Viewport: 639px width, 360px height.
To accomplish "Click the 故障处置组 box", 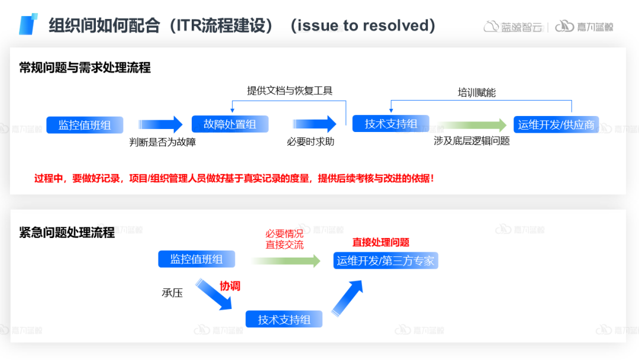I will pyautogui.click(x=230, y=124).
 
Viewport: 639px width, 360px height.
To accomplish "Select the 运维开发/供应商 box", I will pyautogui.click(x=556, y=124).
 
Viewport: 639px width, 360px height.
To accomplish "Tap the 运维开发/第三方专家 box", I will pyautogui.click(x=386, y=261).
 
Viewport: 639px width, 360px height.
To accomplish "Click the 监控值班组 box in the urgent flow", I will pyautogui.click(x=196, y=259).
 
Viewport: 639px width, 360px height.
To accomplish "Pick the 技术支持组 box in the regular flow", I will pyautogui.click(x=391, y=124).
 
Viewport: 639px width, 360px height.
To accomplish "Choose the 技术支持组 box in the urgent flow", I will pyautogui.click(x=284, y=319).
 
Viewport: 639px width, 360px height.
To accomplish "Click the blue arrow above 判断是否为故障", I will pyautogui.click(x=161, y=124).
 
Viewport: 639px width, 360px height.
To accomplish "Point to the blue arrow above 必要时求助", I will pyautogui.click(x=314, y=124).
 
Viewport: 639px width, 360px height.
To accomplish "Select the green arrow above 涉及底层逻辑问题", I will pyautogui.click(x=472, y=125).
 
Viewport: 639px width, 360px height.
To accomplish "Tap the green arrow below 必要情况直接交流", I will pyautogui.click(x=285, y=261).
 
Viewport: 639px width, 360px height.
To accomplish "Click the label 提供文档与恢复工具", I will pyautogui.click(x=289, y=91).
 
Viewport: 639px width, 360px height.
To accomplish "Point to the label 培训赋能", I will pyautogui.click(x=476, y=92).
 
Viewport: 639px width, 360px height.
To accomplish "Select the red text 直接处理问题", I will pyautogui.click(x=380, y=242).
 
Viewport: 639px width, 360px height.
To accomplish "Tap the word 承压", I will pyautogui.click(x=172, y=292).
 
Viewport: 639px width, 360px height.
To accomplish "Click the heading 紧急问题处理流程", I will pyautogui.click(x=67, y=232).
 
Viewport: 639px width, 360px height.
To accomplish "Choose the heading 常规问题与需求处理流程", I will pyautogui.click(x=85, y=68).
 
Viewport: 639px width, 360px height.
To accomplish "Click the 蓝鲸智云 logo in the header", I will pyautogui.click(x=513, y=27).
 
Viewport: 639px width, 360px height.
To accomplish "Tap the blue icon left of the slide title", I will pyautogui.click(x=28, y=24).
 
